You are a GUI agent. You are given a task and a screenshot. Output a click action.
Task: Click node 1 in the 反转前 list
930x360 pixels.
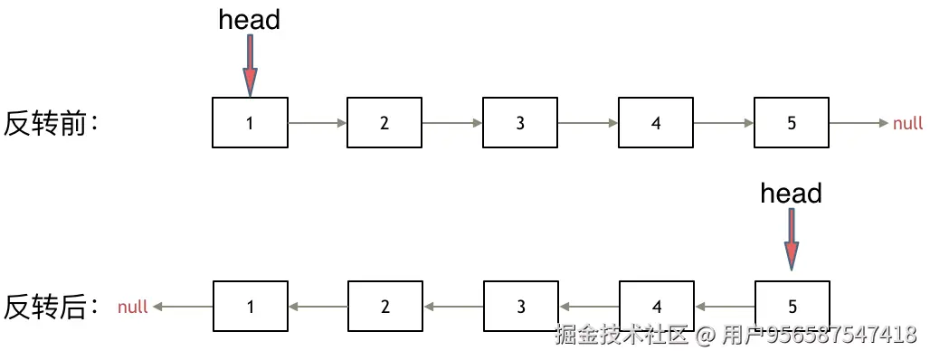pyautogui.click(x=250, y=122)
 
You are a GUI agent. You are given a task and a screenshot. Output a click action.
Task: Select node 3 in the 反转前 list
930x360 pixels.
pyautogui.click(x=520, y=122)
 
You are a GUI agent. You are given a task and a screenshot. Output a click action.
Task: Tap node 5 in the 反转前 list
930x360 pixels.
pyautogui.click(x=792, y=122)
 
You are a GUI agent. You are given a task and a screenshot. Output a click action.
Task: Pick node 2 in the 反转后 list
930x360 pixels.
pyautogui.click(x=385, y=307)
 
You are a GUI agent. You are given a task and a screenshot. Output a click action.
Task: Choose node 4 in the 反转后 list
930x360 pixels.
pyautogui.click(x=657, y=307)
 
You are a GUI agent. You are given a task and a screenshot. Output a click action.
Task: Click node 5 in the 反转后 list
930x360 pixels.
pyautogui.click(x=792, y=307)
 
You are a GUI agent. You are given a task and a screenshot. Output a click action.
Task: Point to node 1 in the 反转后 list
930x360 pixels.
pyautogui.click(x=250, y=307)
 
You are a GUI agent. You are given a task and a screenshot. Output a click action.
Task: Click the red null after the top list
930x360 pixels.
pyautogui.click(x=907, y=123)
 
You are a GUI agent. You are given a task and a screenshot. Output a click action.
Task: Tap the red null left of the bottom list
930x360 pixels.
pyautogui.click(x=133, y=308)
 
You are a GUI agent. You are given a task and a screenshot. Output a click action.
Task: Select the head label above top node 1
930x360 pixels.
pyautogui.click(x=250, y=20)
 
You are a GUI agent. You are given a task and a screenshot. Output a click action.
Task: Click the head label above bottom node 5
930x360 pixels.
pyautogui.click(x=791, y=194)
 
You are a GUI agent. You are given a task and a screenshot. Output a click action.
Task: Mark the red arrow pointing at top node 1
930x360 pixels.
pyautogui.click(x=250, y=65)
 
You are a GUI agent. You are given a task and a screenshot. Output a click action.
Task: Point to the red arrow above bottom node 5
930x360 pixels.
pyautogui.click(x=792, y=240)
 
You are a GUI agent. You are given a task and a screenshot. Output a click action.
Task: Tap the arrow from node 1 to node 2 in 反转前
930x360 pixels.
pyautogui.click(x=318, y=123)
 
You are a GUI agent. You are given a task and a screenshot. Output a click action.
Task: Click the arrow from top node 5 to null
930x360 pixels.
pyautogui.click(x=859, y=123)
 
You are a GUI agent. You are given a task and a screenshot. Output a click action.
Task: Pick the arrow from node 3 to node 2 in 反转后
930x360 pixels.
pyautogui.click(x=453, y=308)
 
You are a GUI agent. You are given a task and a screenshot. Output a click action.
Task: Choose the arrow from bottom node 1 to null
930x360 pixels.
pyautogui.click(x=183, y=308)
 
